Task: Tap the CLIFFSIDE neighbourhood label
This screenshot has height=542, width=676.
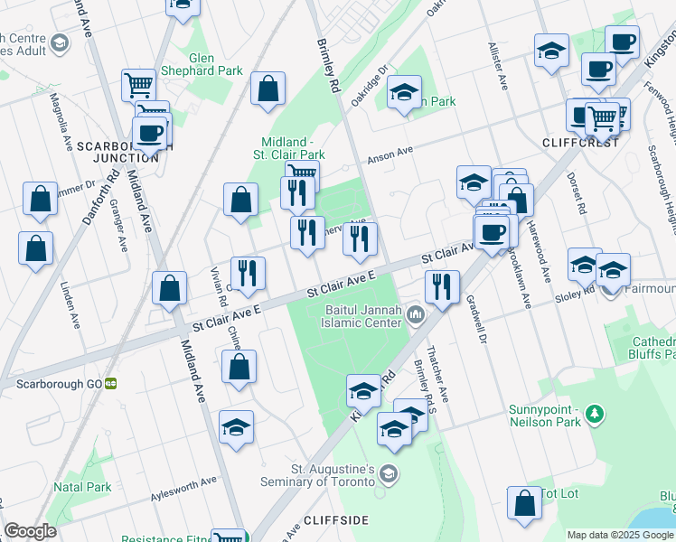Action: click(336, 520)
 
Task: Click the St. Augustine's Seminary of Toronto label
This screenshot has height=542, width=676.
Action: click(332, 475)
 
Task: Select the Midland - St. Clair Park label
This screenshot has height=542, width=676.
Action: click(293, 148)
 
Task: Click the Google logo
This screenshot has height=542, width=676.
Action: click(30, 531)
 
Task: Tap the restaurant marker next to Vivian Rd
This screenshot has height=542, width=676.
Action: click(247, 274)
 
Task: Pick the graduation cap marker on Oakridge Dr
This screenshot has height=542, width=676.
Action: click(405, 93)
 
